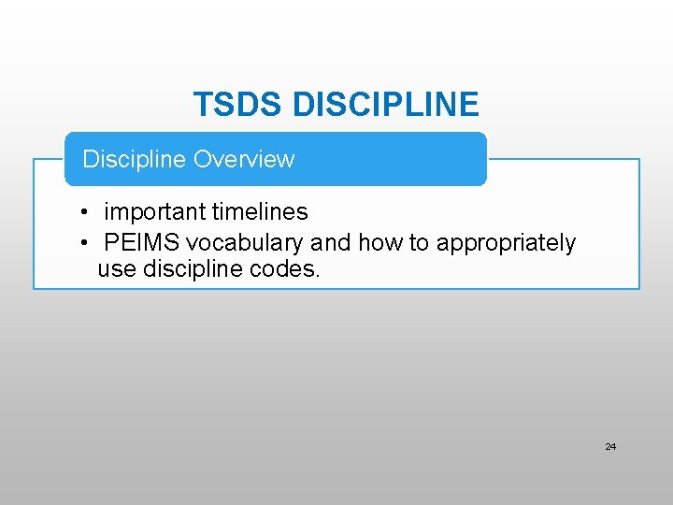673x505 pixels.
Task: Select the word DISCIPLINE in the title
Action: tap(385, 105)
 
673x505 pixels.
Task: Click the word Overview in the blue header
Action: tap(243, 159)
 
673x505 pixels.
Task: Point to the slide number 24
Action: tap(610, 447)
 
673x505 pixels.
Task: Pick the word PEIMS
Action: tap(142, 243)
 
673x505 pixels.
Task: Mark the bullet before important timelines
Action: tap(84, 213)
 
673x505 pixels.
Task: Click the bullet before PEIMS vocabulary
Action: tap(84, 243)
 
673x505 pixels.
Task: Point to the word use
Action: tap(115, 270)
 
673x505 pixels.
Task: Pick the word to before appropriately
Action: tap(419, 243)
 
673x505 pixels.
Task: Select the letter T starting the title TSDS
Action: tap(202, 105)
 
